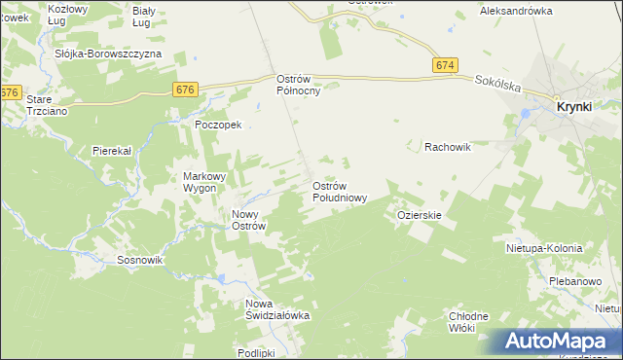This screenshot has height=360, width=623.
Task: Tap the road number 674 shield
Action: click(x=445, y=64)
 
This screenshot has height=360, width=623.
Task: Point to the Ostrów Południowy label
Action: click(x=339, y=191)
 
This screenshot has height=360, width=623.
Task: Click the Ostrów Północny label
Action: click(x=299, y=85)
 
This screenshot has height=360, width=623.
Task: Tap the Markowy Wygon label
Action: click(x=204, y=182)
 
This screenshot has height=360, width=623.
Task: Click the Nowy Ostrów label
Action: click(x=248, y=220)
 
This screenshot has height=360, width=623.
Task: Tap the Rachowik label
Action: click(x=448, y=147)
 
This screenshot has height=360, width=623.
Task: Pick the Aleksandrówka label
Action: click(x=516, y=11)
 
